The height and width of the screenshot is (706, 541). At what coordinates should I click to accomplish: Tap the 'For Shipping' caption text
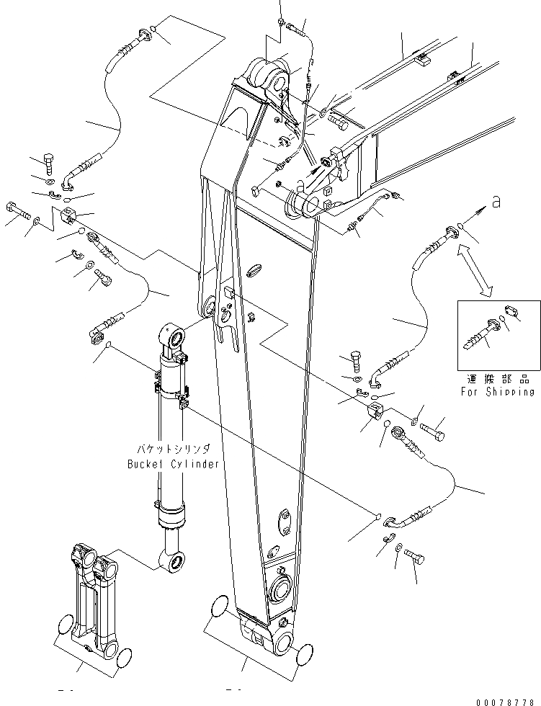pyautogui.click(x=498, y=392)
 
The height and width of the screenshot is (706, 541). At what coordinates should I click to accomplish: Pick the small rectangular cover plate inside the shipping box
pyautogui.click(x=511, y=311)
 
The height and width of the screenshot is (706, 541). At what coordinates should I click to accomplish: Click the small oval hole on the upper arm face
pyautogui.click(x=254, y=269)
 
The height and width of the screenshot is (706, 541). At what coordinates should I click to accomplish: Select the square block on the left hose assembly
pyautogui.click(x=68, y=215)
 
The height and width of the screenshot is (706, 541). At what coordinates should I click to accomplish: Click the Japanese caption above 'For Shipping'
pyautogui.click(x=498, y=378)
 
